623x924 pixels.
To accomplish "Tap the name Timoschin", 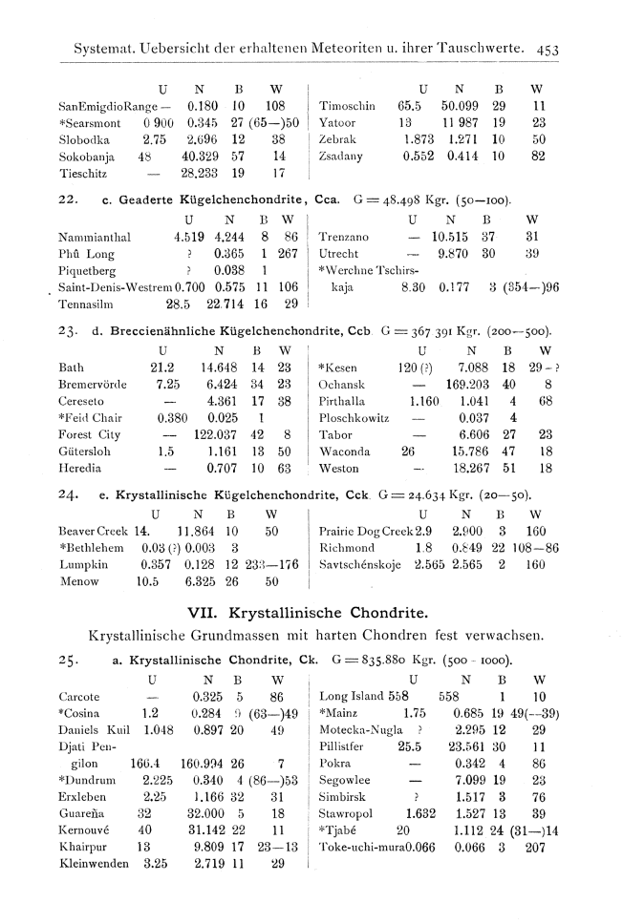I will (x=348, y=106).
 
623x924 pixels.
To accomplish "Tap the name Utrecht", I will (x=338, y=253).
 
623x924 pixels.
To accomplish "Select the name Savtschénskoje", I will (x=362, y=563).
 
